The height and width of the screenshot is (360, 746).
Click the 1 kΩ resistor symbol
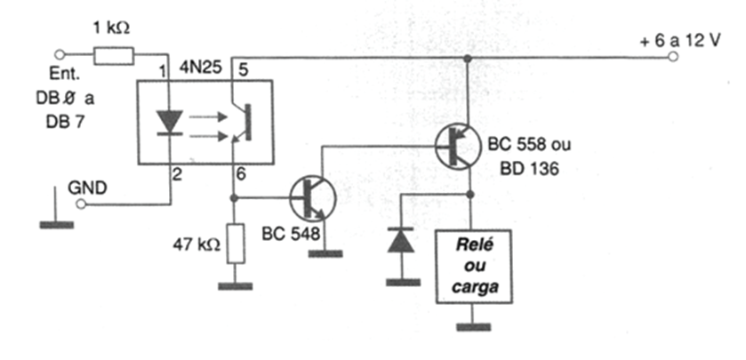113,56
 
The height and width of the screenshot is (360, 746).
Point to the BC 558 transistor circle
460,146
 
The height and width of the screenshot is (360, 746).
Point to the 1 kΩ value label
112,28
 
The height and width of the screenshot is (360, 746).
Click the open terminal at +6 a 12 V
674,57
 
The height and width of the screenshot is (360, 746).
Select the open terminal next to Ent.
60,55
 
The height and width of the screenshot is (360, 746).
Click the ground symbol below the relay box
472,325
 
